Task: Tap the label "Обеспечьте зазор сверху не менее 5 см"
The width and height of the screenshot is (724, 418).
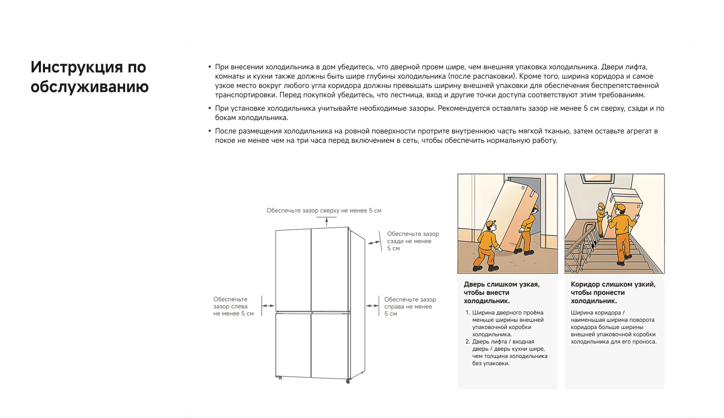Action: (324, 211)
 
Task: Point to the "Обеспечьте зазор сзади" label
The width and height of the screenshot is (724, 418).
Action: (412, 241)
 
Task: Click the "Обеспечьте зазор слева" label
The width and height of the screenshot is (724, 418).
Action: (233, 306)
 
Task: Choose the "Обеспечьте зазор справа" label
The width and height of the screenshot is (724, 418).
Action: (410, 306)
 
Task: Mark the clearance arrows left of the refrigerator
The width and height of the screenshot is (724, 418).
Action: (268, 306)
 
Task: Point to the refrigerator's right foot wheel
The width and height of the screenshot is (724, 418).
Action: (348, 381)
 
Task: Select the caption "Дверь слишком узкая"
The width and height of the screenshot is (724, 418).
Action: (501, 292)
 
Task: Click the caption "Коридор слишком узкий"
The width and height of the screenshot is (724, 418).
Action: (613, 292)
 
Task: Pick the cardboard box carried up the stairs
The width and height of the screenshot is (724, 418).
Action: (626, 199)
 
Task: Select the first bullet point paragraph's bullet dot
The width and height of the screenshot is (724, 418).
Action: (209, 68)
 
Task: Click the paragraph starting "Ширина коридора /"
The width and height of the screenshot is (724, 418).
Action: (613, 327)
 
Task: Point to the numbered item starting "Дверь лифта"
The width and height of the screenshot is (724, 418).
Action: (509, 352)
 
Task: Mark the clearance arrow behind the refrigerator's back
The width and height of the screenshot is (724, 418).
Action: (372, 242)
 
